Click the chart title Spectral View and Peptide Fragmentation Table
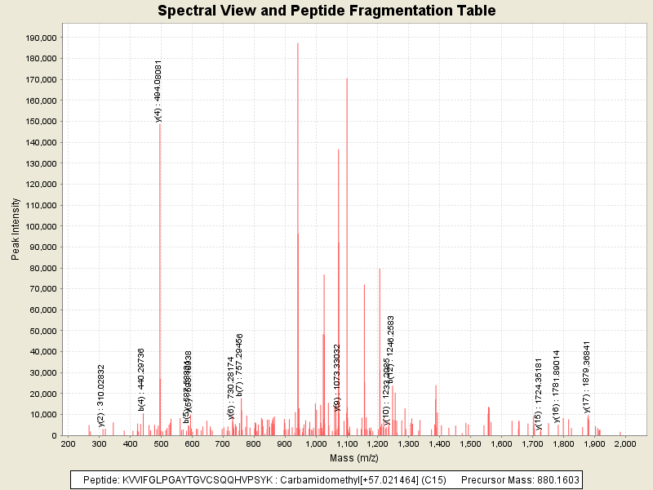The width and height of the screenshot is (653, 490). click(326, 11)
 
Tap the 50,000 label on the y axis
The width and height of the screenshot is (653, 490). click(41, 331)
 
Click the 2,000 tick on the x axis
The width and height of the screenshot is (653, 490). click(624, 443)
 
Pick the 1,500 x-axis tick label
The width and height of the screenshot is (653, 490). click(470, 443)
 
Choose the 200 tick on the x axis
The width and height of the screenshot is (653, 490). click(69, 443)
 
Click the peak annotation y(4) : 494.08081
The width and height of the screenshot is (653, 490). click(159, 91)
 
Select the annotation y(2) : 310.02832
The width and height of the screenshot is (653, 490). click(101, 395)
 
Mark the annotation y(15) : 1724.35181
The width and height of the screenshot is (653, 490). click(539, 394)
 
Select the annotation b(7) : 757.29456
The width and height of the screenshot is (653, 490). click(240, 364)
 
